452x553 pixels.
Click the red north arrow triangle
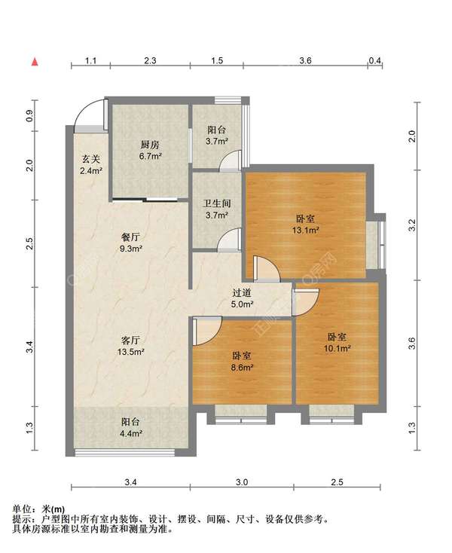(35, 62)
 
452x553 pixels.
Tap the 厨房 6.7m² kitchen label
(150, 150)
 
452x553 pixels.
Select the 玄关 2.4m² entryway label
(91, 165)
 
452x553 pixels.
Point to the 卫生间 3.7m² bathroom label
(217, 209)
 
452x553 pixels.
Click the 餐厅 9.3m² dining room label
(131, 243)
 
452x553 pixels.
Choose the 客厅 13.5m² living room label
(131, 346)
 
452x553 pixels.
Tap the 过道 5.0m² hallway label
(242, 298)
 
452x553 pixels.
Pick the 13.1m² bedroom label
(305, 225)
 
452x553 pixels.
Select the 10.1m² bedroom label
(337, 343)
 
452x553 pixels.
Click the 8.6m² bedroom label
(243, 362)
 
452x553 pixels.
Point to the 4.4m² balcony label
(131, 427)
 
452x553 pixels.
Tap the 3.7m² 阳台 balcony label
(217, 136)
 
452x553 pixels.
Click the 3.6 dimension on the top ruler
(305, 60)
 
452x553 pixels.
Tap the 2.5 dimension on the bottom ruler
(337, 482)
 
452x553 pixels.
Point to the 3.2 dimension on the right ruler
(412, 225)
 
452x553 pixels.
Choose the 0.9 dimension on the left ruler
(29, 116)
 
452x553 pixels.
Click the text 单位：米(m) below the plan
(38, 509)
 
